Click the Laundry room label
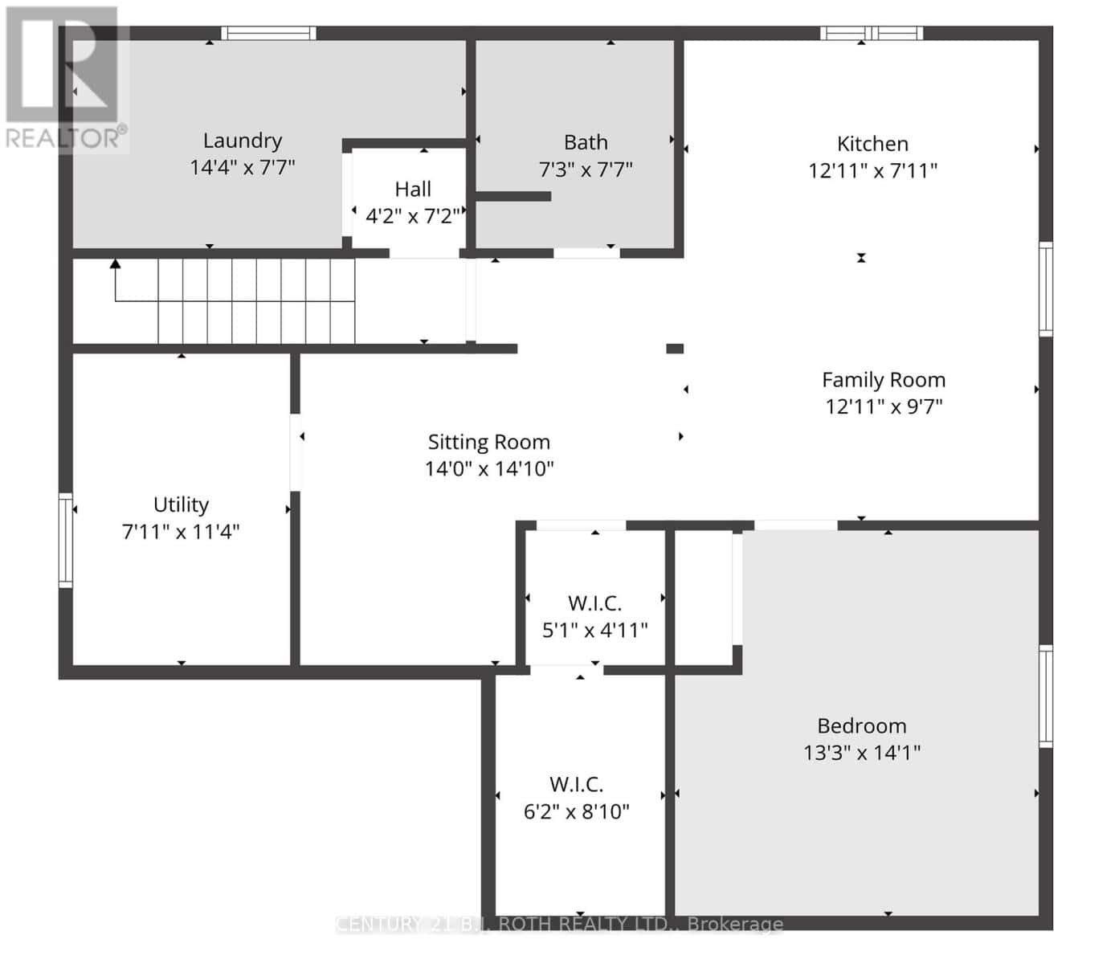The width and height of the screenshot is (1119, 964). (x=243, y=141)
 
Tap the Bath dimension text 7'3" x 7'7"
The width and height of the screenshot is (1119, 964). (x=586, y=170)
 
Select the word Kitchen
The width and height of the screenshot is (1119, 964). (x=872, y=144)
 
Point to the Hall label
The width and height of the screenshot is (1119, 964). (x=413, y=190)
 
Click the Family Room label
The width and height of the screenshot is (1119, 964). (x=884, y=380)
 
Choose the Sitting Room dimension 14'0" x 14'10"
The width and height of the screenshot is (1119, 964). (x=489, y=468)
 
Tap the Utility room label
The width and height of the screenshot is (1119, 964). (x=181, y=505)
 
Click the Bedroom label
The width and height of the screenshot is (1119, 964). (x=862, y=726)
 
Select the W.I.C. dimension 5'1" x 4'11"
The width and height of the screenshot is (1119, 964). (x=595, y=630)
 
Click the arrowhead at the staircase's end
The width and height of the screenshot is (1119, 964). (x=115, y=263)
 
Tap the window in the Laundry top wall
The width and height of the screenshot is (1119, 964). (x=269, y=33)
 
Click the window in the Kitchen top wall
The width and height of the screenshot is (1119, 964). (x=872, y=33)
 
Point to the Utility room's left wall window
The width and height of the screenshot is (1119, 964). (x=66, y=540)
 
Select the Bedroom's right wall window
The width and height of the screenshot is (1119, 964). (x=1046, y=696)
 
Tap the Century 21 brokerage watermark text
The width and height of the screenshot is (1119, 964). (x=560, y=923)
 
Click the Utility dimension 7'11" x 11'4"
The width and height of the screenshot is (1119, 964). (x=181, y=532)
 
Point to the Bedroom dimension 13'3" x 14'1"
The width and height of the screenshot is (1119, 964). (x=862, y=753)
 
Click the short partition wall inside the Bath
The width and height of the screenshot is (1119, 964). (x=513, y=196)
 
